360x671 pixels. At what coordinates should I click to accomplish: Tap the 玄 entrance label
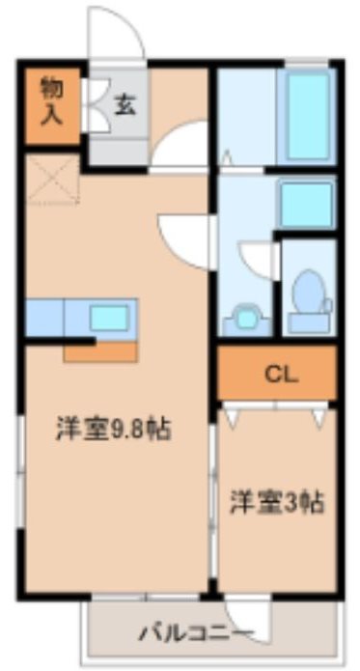click(125, 104)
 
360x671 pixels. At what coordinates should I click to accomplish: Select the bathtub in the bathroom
click(308, 114)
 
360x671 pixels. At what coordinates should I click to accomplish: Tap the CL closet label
click(276, 373)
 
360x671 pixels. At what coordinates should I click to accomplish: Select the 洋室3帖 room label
click(275, 502)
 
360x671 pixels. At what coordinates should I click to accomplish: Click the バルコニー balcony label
click(196, 633)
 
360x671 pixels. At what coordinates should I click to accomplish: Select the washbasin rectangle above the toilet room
click(307, 200)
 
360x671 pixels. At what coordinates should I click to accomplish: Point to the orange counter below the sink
click(100, 350)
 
